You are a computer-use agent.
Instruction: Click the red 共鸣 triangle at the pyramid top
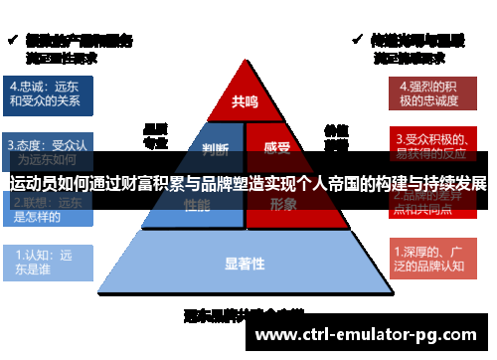(x=245, y=99)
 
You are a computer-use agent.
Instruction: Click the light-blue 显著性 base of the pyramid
(x=245, y=264)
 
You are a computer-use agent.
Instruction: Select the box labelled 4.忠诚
(x=50, y=92)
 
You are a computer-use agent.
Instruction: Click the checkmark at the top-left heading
(x=13, y=40)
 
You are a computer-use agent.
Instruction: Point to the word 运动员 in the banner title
(x=31, y=183)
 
